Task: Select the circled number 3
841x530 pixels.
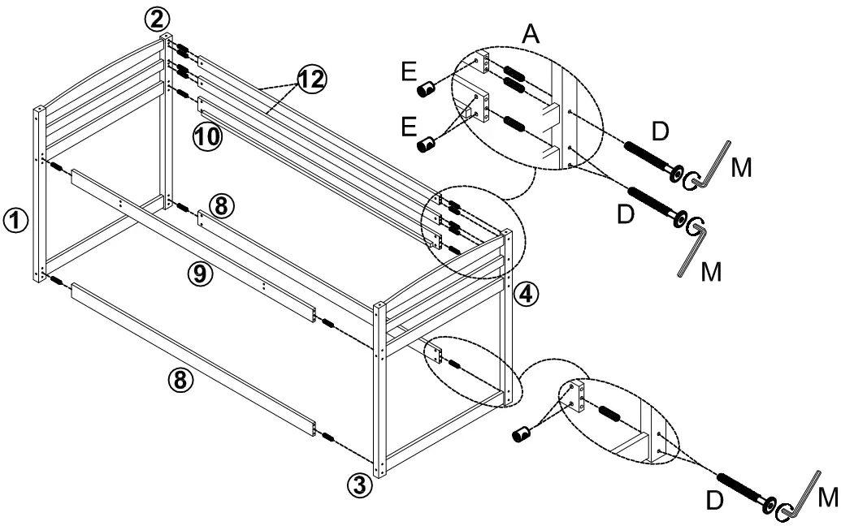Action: pos(360,485)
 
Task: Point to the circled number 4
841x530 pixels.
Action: pos(526,293)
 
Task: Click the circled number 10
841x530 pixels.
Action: pos(207,136)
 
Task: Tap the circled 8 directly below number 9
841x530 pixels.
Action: pos(182,378)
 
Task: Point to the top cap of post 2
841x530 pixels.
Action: pos(167,37)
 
